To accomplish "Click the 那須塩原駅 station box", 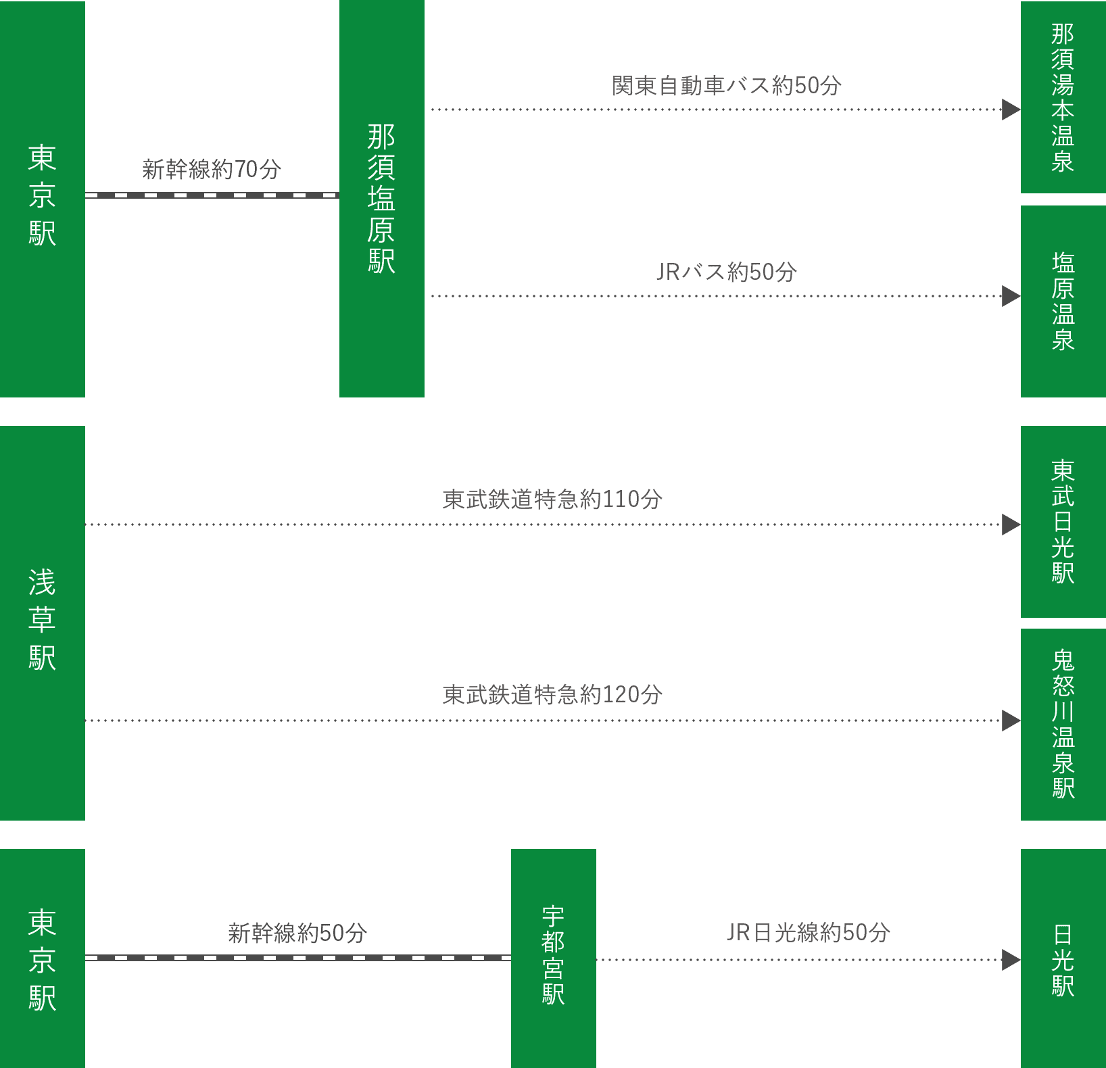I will pyautogui.click(x=381, y=198).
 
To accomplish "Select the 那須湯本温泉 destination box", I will pyautogui.click(x=1063, y=97).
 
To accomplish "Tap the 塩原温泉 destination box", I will pyautogui.click(x=1063, y=301).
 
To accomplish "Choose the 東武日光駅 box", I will pyautogui.click(x=1063, y=521).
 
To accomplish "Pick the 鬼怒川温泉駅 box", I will pyautogui.click(x=1063, y=724).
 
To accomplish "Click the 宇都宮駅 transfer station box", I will pyautogui.click(x=553, y=957).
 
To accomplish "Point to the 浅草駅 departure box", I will pyautogui.click(x=42, y=622).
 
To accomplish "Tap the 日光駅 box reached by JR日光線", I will pyautogui.click(x=1063, y=958).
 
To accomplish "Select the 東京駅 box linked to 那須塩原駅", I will pyautogui.click(x=42, y=198).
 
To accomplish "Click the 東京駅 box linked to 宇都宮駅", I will pyautogui.click(x=42, y=958).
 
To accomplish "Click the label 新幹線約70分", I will pyautogui.click(x=211, y=169).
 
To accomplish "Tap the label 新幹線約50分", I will pyautogui.click(x=297, y=933).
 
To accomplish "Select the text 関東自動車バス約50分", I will pyautogui.click(x=727, y=86).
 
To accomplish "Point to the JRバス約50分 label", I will pyautogui.click(x=727, y=272).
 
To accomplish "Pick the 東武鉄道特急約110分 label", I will pyautogui.click(x=552, y=500).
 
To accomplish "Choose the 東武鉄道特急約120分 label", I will pyautogui.click(x=552, y=694).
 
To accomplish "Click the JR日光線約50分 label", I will pyautogui.click(x=808, y=933).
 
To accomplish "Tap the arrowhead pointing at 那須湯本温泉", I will pyautogui.click(x=1010, y=110).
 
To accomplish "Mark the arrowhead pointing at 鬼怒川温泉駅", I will pyautogui.click(x=1010, y=721).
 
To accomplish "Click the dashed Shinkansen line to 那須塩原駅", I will pyautogui.click(x=211, y=195).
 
